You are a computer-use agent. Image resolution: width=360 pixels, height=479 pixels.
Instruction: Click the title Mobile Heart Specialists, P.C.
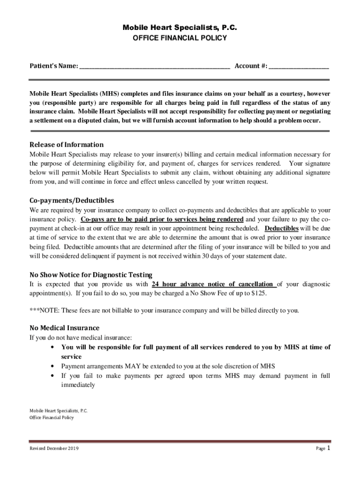[180, 28]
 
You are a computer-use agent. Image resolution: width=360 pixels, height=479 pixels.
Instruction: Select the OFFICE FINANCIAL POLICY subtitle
[180, 38]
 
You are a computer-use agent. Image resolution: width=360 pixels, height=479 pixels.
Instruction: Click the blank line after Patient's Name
[154, 67]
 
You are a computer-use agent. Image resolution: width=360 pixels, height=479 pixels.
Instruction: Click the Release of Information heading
[66, 144]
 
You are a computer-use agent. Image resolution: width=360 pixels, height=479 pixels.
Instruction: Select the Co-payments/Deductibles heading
[72, 200]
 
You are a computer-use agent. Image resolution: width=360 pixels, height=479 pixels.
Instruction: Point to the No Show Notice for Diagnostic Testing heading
[91, 275]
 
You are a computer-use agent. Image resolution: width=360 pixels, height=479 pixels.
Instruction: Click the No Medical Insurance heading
[64, 327]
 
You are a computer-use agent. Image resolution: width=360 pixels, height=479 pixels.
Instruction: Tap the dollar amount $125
[258, 293]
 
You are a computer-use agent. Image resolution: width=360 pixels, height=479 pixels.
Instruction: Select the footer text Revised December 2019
[54, 449]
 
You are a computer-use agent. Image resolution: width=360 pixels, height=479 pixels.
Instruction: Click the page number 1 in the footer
[329, 448]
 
